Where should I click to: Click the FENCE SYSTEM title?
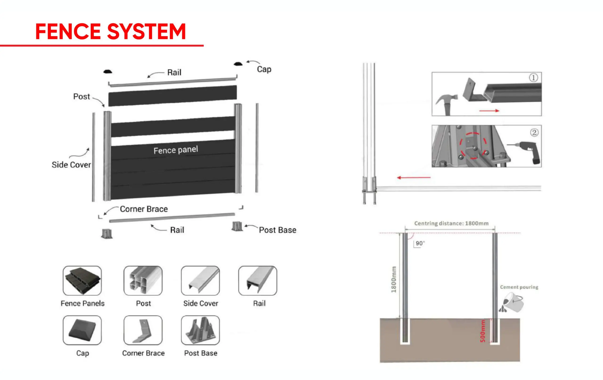[110, 32]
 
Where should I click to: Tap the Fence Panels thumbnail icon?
[82, 281]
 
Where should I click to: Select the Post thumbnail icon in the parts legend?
[143, 281]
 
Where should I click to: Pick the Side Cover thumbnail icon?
[200, 281]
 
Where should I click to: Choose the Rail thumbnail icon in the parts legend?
[258, 281]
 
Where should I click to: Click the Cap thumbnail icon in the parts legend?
[82, 330]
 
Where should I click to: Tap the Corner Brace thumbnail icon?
[143, 330]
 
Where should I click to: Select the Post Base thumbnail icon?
[200, 330]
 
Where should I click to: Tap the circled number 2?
[534, 132]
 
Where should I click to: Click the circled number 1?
[533, 78]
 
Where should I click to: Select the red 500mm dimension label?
[483, 331]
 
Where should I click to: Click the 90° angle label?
[420, 243]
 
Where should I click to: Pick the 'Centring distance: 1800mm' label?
[451, 223]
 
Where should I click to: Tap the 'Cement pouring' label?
[519, 287]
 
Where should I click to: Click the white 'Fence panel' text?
[175, 150]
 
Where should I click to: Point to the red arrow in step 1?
[489, 110]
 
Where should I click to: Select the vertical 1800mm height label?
[394, 279]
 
